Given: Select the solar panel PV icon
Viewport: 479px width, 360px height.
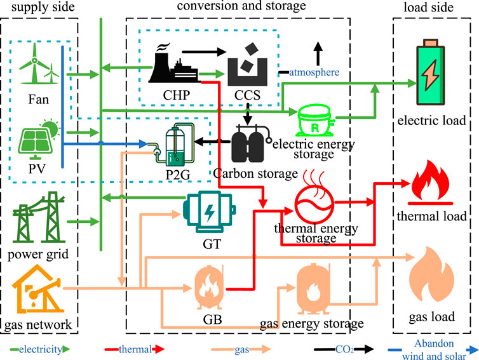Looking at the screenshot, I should [x=37, y=141].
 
